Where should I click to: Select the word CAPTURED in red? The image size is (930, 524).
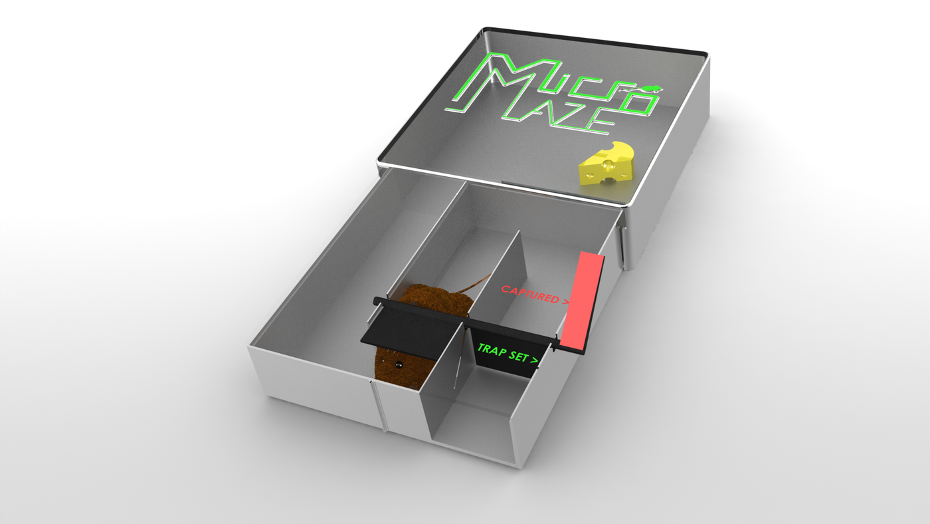(x=530, y=294)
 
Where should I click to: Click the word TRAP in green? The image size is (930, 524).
(x=493, y=350)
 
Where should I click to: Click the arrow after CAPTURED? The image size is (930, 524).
(x=565, y=302)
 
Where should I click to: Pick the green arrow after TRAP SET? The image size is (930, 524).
(x=534, y=361)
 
